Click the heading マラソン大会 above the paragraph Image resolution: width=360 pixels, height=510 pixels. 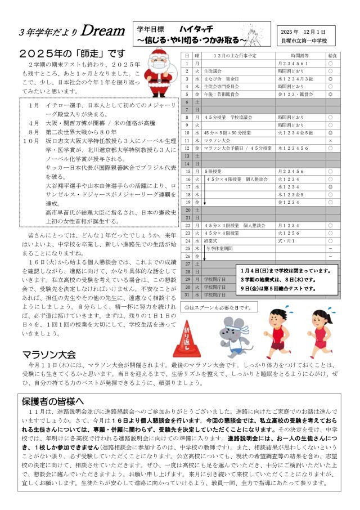tap(49, 355)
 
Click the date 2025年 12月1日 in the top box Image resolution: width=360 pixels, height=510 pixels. tap(308, 32)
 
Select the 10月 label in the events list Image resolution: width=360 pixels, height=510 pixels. tap(32, 140)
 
